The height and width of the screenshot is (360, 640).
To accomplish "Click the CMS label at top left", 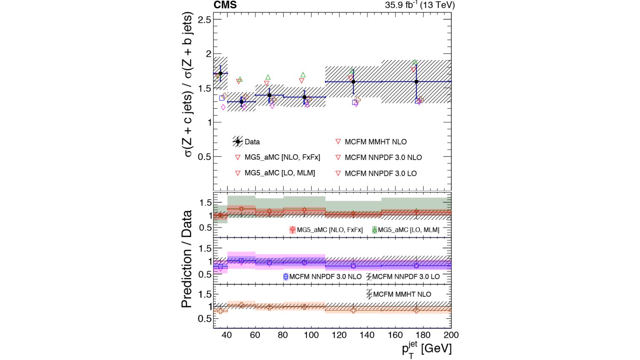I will click(x=225, y=5).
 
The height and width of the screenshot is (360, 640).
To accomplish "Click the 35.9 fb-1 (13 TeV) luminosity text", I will click(x=420, y=5).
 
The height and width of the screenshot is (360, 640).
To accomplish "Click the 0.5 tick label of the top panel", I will click(x=204, y=157).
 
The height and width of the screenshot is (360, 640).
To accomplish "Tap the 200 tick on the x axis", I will click(x=451, y=335).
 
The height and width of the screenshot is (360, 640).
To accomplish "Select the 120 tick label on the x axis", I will click(x=339, y=335).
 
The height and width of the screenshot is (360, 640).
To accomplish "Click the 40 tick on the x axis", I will click(x=227, y=335).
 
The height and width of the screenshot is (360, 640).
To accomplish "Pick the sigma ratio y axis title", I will click(x=188, y=85).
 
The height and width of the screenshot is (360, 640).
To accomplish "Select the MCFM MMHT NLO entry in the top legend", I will click(x=375, y=142).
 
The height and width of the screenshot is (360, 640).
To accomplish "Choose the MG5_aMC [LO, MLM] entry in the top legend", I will click(x=280, y=173).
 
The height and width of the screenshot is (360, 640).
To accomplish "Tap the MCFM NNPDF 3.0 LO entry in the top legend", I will click(x=380, y=173).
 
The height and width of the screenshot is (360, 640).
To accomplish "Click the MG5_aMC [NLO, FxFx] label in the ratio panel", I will click(x=330, y=230).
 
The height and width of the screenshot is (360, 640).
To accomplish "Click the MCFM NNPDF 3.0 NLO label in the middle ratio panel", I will click(x=325, y=276).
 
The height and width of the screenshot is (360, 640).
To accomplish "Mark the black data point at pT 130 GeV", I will click(x=353, y=82).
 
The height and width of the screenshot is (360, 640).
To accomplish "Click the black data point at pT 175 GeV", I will click(x=416, y=82).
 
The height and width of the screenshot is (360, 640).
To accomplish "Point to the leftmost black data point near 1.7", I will click(x=220, y=73).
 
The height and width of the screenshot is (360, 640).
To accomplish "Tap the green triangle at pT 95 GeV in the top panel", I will click(x=303, y=75).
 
